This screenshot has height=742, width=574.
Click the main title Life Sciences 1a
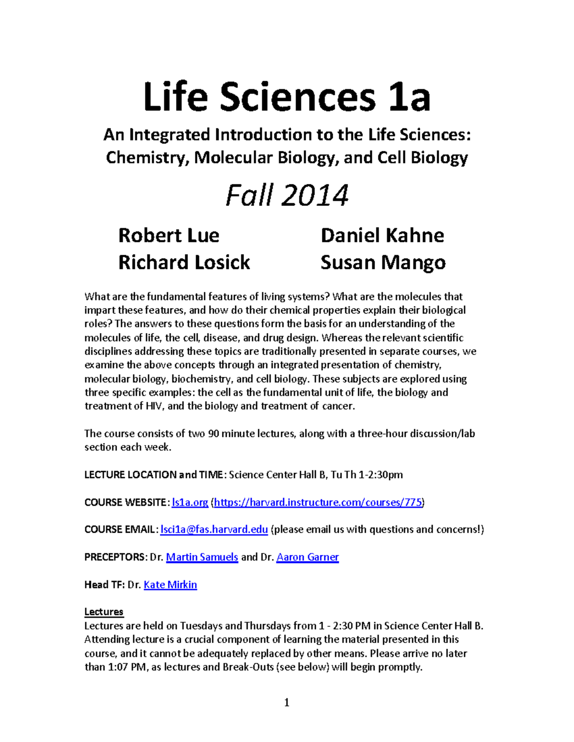click(x=287, y=97)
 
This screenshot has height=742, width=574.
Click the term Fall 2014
click(x=287, y=196)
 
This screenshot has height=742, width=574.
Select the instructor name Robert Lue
click(x=168, y=236)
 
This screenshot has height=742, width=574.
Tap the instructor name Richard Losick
click(x=184, y=262)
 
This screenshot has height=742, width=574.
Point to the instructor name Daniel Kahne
click(x=382, y=236)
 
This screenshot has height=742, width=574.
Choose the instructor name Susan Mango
click(x=383, y=263)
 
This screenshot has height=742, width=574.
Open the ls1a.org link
click(x=190, y=502)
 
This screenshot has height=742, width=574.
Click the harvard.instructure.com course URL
click(x=318, y=502)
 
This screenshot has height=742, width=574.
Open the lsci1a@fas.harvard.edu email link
click(x=214, y=529)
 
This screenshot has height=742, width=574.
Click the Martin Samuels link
click(x=202, y=557)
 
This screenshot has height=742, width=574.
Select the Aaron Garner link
click(x=308, y=557)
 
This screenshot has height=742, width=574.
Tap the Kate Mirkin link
click(x=170, y=585)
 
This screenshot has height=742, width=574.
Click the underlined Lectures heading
click(x=104, y=612)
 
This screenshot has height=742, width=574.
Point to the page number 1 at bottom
click(x=287, y=702)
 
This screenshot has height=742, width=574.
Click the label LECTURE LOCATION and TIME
click(x=154, y=475)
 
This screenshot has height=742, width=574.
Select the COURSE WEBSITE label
click(x=125, y=502)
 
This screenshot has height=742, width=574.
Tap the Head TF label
click(x=104, y=585)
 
